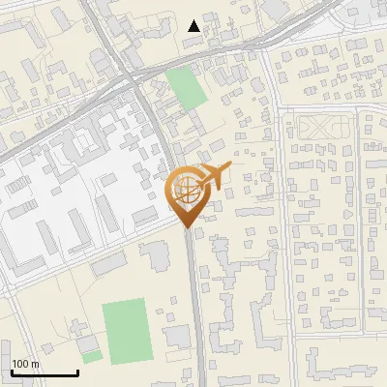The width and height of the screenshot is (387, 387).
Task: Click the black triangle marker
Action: [194, 25]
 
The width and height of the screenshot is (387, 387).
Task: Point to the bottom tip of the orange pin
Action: [187, 228]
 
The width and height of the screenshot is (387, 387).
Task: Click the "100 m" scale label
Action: [25, 364]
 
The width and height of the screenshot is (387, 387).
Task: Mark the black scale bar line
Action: [45, 373]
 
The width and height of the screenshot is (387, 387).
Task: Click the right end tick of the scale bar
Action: [77, 372]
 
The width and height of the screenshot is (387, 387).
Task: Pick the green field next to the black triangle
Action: [186, 88]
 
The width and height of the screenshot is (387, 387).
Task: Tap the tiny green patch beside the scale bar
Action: [91, 356]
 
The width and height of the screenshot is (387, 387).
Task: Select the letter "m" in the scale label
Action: [35, 364]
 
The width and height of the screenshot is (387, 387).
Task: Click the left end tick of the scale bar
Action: [12, 372]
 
